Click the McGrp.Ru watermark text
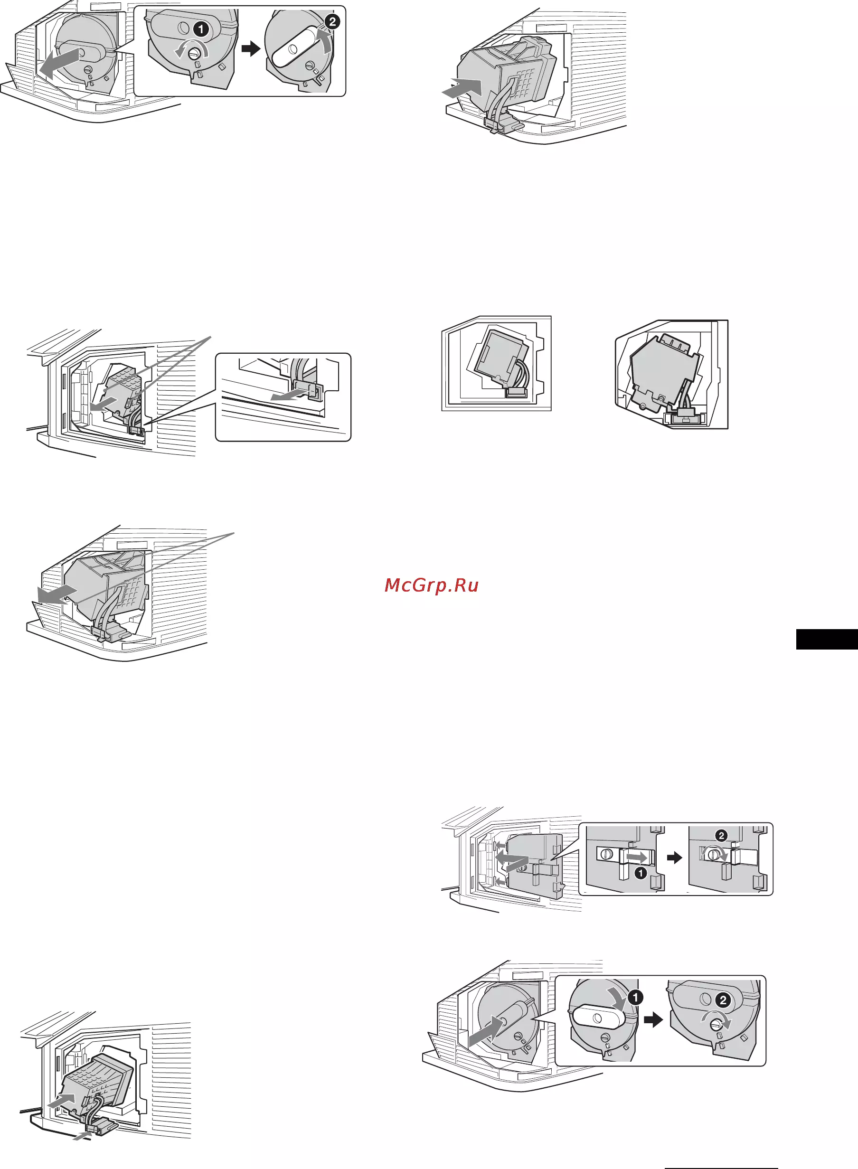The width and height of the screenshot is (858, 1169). coord(431,585)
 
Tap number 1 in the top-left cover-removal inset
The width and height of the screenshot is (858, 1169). coord(201,29)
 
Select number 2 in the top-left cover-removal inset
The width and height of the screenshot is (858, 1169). coord(332,21)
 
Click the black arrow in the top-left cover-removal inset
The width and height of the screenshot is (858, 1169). coord(251,49)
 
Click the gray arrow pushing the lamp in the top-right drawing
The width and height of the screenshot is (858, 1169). coord(464,87)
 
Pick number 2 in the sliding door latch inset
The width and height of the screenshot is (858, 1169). coord(721,836)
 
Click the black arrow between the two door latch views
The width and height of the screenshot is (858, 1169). coord(674,858)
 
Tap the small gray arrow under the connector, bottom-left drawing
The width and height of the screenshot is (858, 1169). coord(82,1136)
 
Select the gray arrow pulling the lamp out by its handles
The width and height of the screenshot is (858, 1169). coord(57,594)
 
